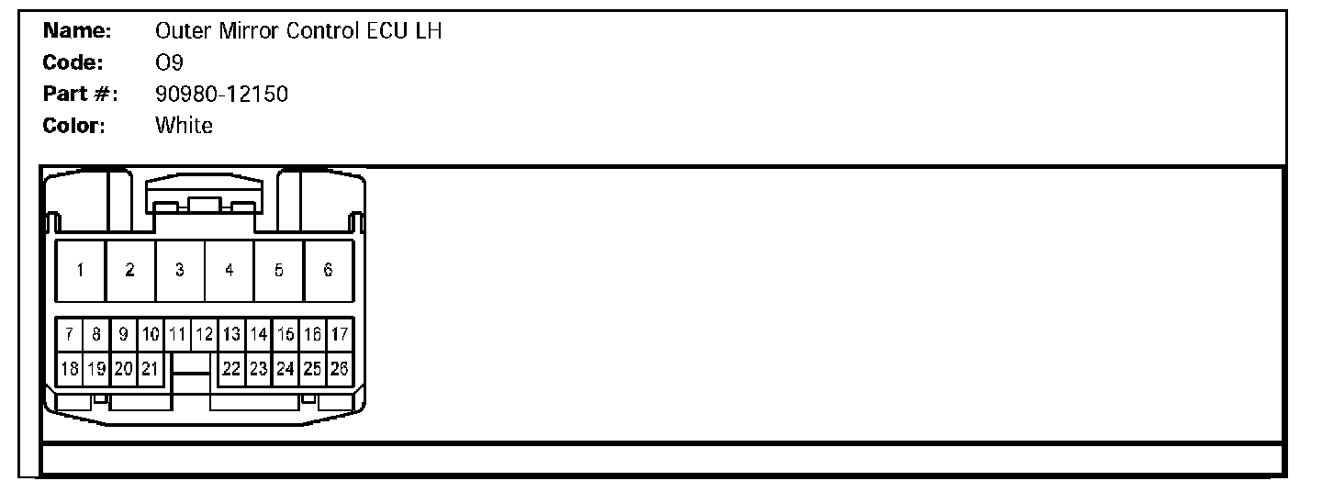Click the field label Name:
click(x=78, y=31)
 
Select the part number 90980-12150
click(x=221, y=94)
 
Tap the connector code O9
click(x=170, y=62)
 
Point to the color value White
click(x=185, y=125)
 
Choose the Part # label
click(x=81, y=94)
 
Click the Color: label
click(x=75, y=125)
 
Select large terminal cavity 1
click(x=81, y=271)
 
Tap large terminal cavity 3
click(x=180, y=271)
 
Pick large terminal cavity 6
click(x=328, y=271)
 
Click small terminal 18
click(x=69, y=368)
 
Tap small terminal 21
click(x=151, y=368)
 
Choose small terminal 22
click(x=231, y=368)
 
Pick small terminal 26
click(x=340, y=368)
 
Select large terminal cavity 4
click(x=230, y=271)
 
